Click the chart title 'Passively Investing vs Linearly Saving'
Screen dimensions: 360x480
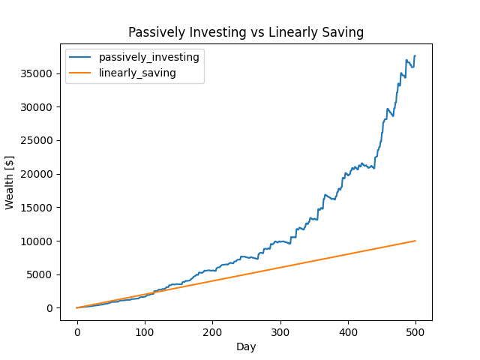tap(246, 32)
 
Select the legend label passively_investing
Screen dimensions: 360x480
tap(148, 58)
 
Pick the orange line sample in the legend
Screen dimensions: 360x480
tap(81, 72)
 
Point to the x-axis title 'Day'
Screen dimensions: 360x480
tap(246, 346)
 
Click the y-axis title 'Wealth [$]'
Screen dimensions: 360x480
tap(10, 183)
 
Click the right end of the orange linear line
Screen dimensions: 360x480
tap(415, 241)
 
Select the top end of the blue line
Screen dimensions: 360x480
tap(415, 56)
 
